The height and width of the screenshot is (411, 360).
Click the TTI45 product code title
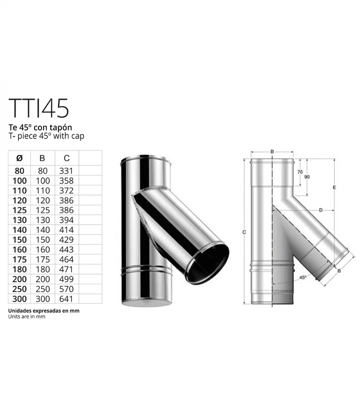pos(39,107)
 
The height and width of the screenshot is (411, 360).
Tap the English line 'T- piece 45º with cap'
pos(46,136)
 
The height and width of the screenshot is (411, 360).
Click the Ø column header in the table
pos(20,158)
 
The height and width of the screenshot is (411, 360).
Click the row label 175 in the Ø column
pos(20,259)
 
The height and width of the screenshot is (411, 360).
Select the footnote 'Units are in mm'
pos(27,317)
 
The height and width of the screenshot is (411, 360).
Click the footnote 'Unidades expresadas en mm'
pos(44,311)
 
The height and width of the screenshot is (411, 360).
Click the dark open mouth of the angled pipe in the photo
pos(209,264)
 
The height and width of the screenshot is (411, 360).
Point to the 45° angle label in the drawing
pos(302,277)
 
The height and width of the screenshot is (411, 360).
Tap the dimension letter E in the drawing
pos(334,188)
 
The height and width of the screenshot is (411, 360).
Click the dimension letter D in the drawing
pos(320,210)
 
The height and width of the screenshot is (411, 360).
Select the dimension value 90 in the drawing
pos(307,177)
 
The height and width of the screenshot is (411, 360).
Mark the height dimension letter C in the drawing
pos(244,233)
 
